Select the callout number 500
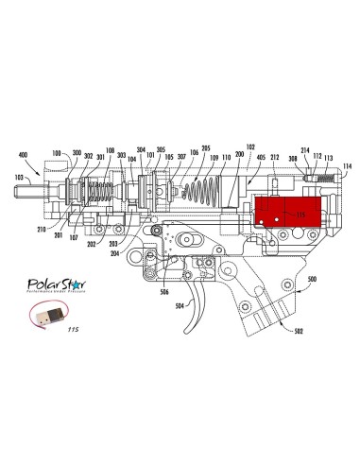click(x=312, y=280)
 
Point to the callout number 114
click(x=347, y=166)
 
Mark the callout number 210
click(x=43, y=230)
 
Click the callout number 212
click(x=275, y=158)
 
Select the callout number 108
click(x=110, y=149)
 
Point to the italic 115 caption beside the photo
click(x=73, y=330)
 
